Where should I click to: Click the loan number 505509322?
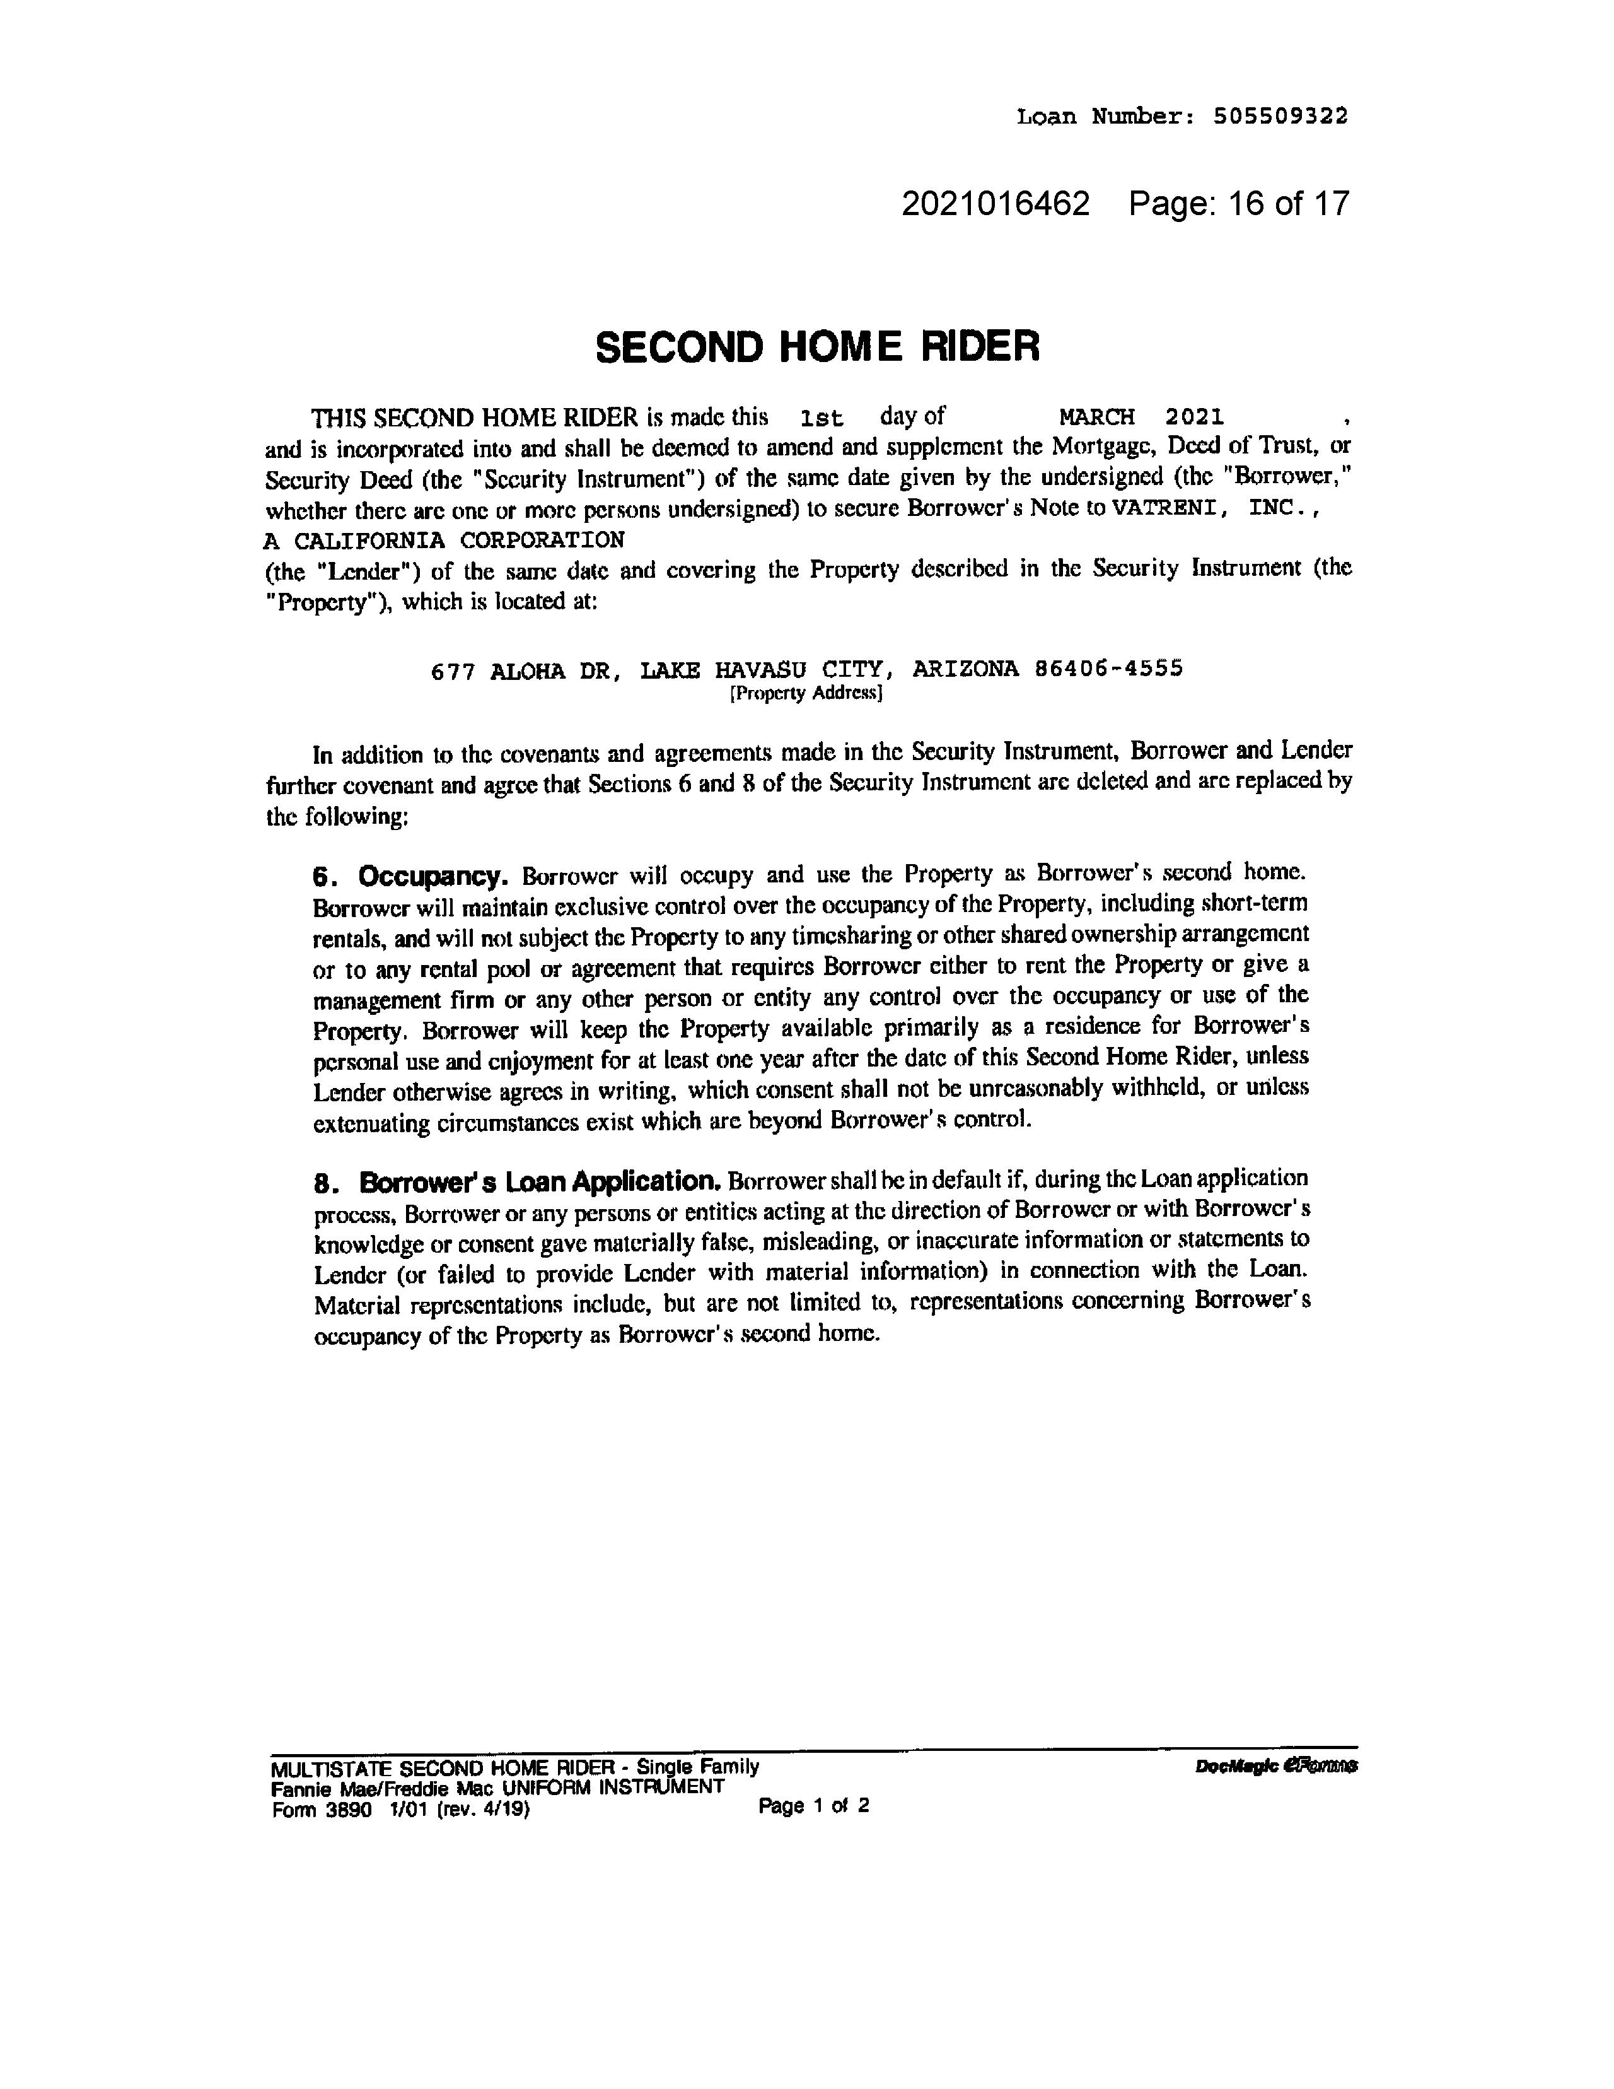pos(1280,117)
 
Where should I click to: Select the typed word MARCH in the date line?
pos(1097,417)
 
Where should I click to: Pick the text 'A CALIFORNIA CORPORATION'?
pos(444,541)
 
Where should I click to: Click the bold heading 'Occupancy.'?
pos(432,876)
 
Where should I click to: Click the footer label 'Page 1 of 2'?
pos(813,1806)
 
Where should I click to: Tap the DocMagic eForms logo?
pos(1275,1767)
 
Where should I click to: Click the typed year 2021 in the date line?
pos(1194,417)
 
